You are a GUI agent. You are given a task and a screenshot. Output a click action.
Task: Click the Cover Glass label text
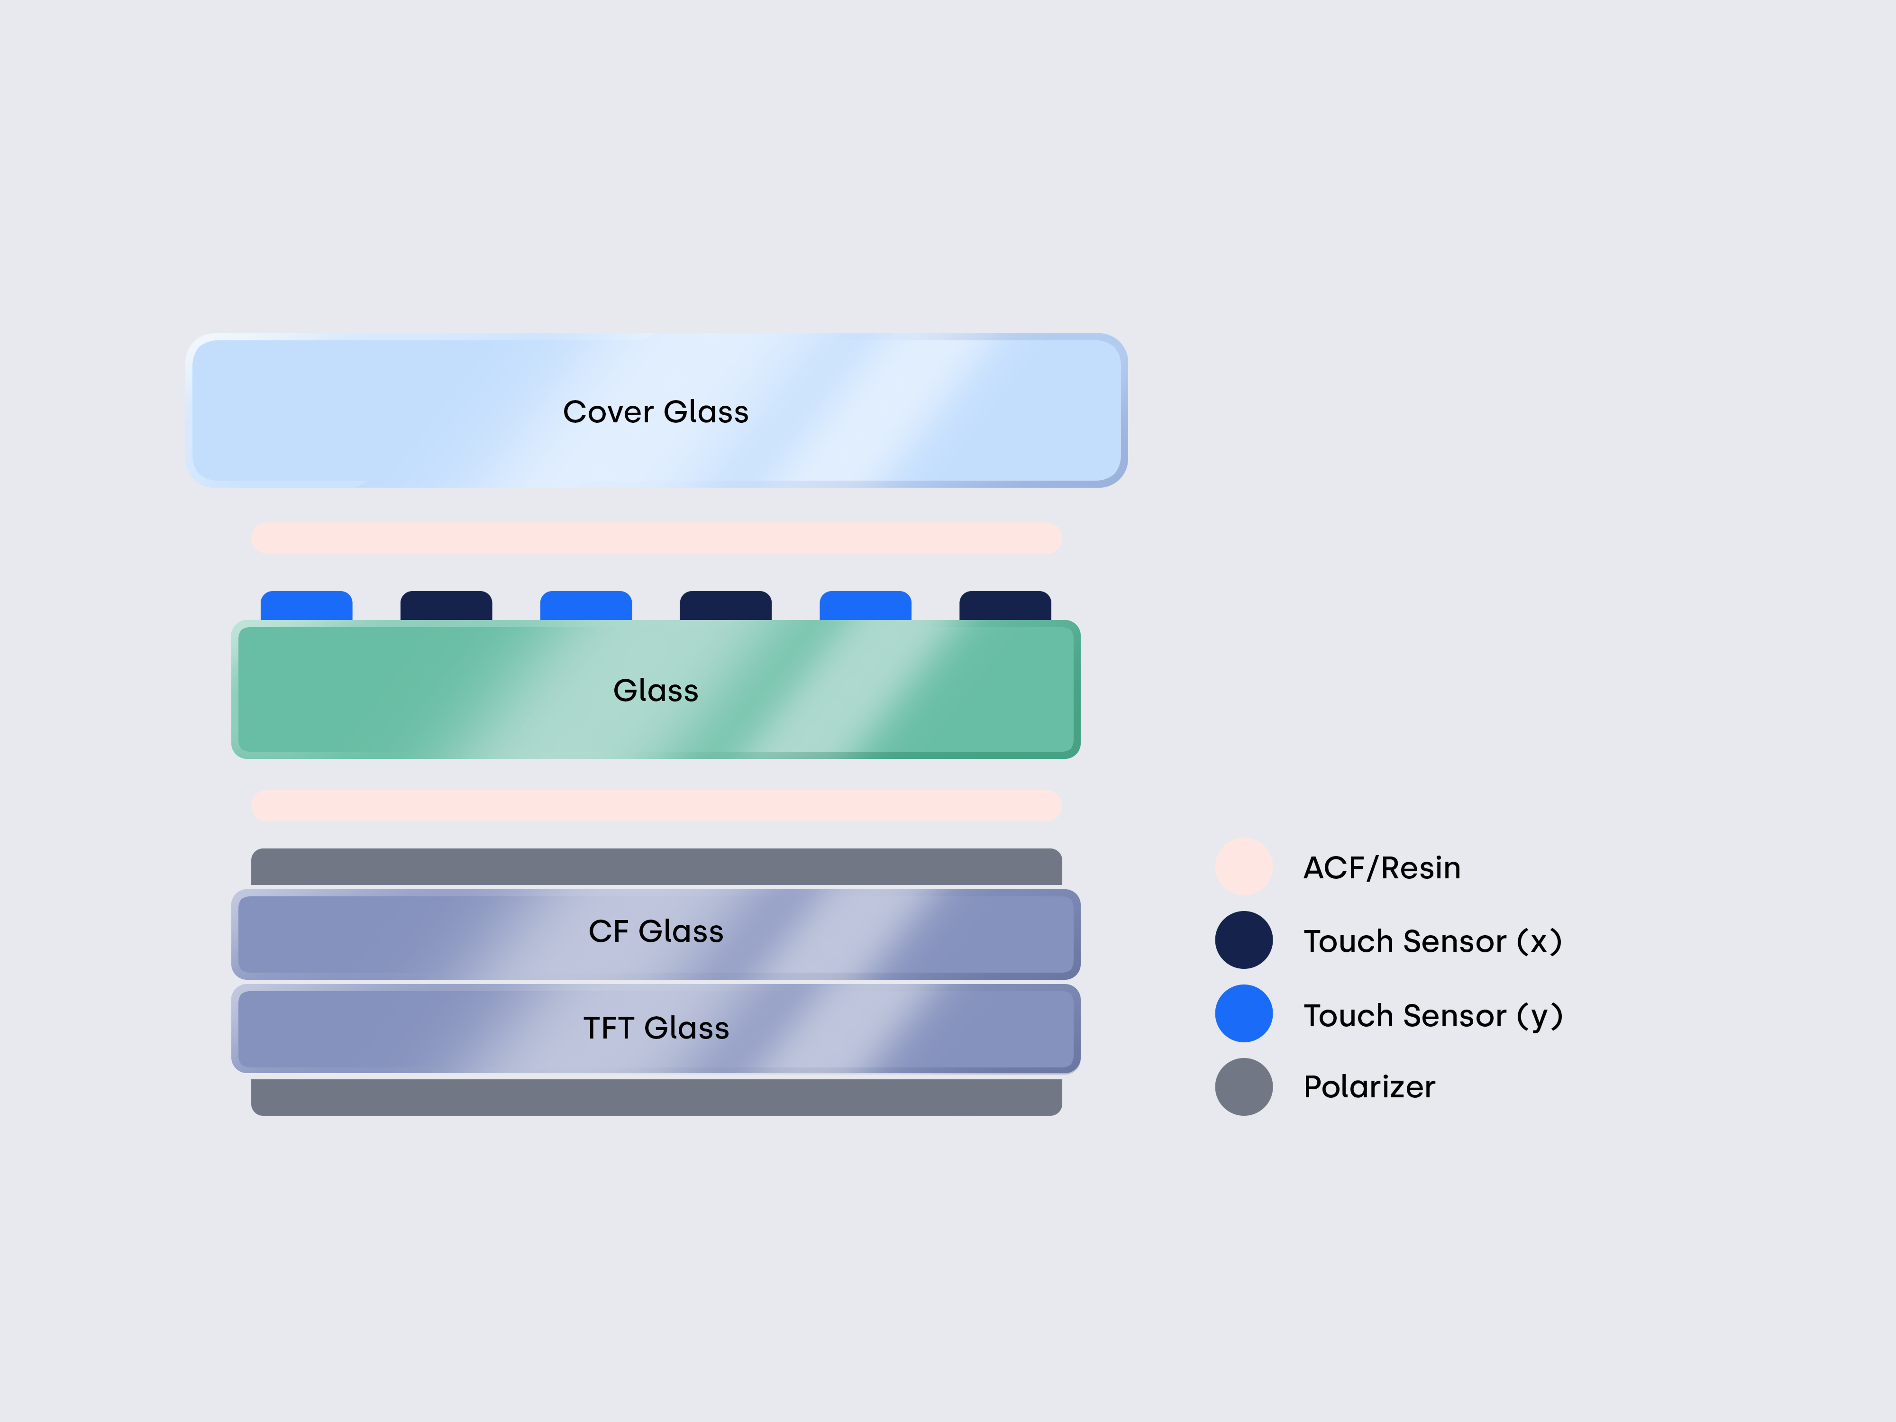(x=656, y=412)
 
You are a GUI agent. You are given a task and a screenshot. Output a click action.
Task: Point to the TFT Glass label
(x=656, y=1028)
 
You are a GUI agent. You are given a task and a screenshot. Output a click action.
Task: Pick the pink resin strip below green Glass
(x=656, y=806)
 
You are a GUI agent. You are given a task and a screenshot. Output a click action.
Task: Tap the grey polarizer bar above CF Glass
(x=656, y=866)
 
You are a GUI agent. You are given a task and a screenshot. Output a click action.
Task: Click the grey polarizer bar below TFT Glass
(x=656, y=1097)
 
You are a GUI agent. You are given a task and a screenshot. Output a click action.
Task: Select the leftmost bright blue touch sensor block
(x=306, y=606)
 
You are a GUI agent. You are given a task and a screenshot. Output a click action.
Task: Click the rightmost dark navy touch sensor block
(x=1004, y=606)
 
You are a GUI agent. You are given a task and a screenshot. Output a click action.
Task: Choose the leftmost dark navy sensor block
(x=446, y=606)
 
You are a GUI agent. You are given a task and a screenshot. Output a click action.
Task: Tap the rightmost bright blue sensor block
(x=865, y=606)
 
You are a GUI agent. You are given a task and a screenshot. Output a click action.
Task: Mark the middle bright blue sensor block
(x=585, y=606)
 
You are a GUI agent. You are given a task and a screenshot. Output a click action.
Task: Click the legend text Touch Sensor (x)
(x=1432, y=941)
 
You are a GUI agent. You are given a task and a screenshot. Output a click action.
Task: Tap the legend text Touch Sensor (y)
(x=1432, y=1016)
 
